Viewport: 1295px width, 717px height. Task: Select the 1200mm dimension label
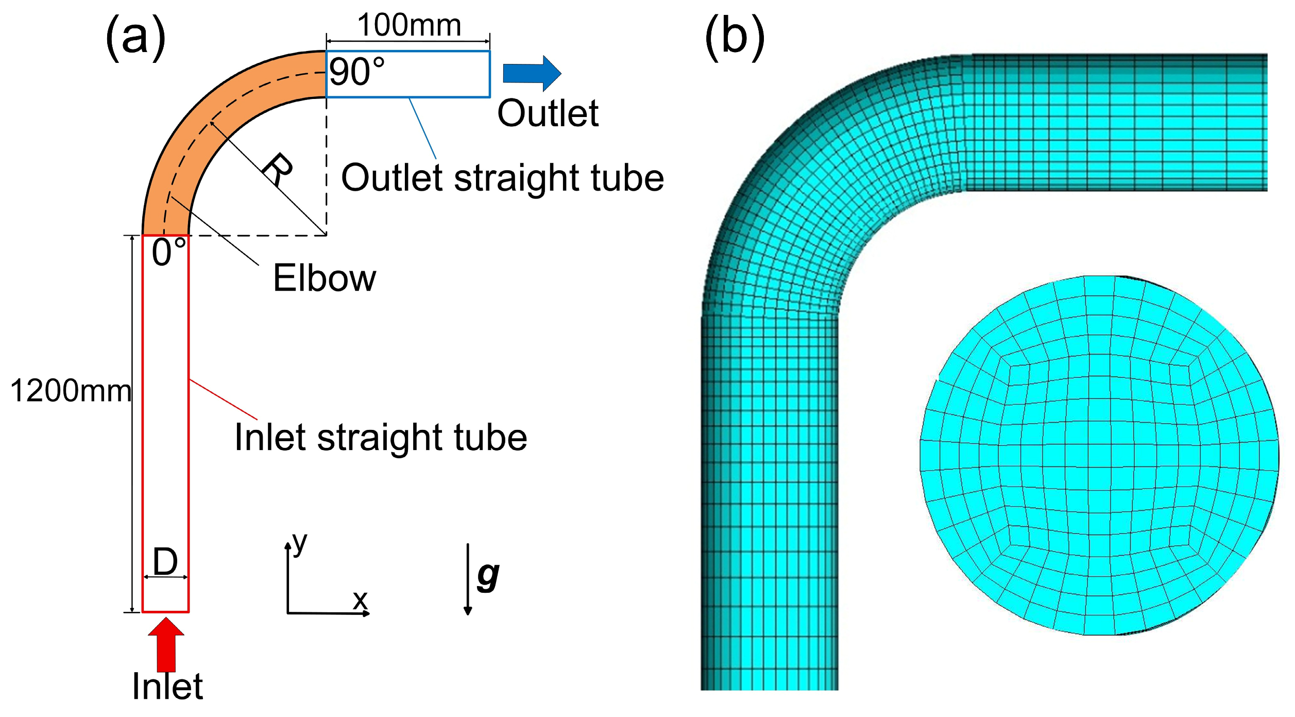[x=71, y=390]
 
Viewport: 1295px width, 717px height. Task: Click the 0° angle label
[x=168, y=252]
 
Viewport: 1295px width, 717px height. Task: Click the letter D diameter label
[x=165, y=561]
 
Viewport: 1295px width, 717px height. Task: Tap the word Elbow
[x=324, y=278]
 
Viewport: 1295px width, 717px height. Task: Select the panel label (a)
[x=135, y=37]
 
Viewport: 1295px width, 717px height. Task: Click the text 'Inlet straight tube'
[x=381, y=438]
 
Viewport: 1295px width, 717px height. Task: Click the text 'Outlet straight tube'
[x=502, y=178]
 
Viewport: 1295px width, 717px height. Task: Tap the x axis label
[x=360, y=599]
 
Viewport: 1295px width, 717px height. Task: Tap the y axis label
[x=299, y=543]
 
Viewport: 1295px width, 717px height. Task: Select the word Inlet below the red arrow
[x=167, y=687]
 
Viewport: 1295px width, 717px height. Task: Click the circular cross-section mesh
[x=1099, y=455]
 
